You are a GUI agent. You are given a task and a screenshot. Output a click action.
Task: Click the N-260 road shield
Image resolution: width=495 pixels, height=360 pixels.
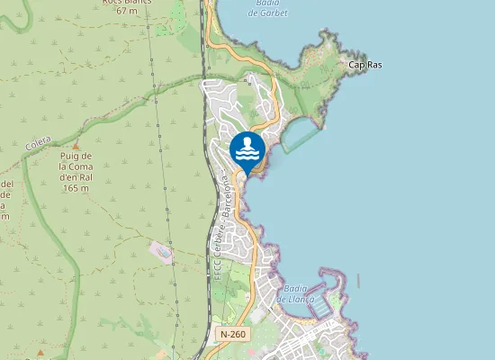pyautogui.click(x=232, y=334)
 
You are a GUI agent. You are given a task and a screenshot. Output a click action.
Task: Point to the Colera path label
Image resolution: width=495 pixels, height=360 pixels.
pyautogui.click(x=39, y=143)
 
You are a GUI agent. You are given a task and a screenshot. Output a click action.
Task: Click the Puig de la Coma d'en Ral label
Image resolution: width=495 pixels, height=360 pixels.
pyautogui.click(x=75, y=166)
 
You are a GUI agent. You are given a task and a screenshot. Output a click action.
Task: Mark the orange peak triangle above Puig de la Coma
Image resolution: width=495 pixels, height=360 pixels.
pyautogui.click(x=76, y=146)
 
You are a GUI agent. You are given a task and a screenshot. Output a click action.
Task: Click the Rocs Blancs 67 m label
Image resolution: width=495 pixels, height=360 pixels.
pyautogui.click(x=125, y=5)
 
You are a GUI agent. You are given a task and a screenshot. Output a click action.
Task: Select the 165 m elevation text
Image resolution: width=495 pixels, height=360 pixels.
pyautogui.click(x=75, y=188)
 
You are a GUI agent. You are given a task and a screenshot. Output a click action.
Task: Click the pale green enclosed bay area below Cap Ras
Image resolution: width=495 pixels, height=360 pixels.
pyautogui.click(x=301, y=136)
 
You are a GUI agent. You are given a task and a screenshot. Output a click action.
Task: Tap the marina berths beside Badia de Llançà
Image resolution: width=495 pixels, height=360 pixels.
pyautogui.click(x=320, y=306)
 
